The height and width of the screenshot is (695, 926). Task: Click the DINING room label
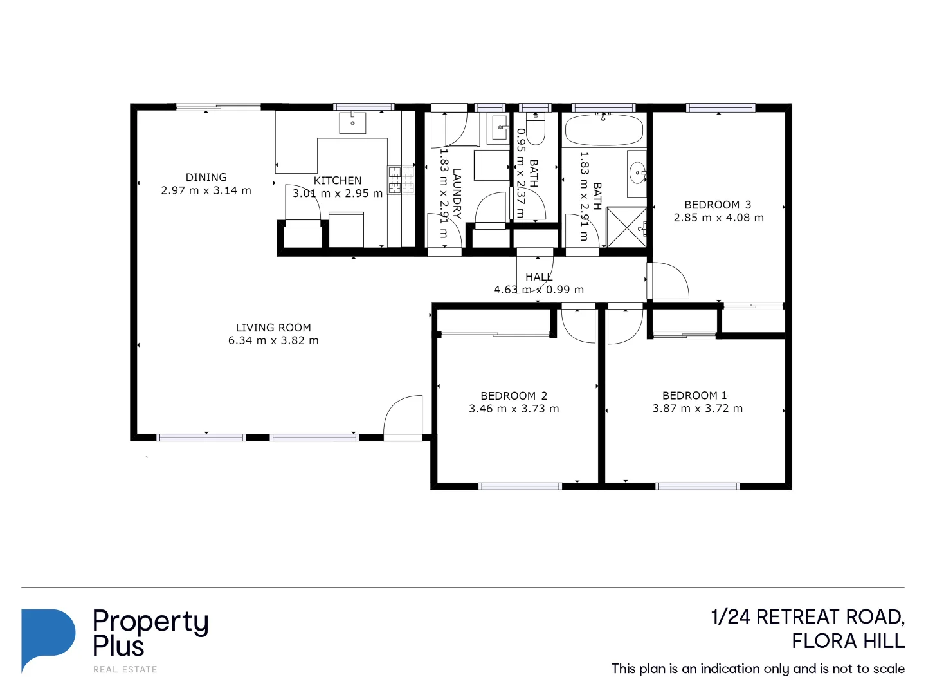pyautogui.click(x=206, y=178)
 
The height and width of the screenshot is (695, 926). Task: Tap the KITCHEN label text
pyautogui.click(x=338, y=181)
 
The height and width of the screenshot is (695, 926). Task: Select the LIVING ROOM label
pyautogui.click(x=273, y=328)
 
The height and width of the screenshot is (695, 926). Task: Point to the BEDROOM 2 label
pyautogui.click(x=514, y=396)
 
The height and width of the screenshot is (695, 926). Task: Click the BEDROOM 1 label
pyautogui.click(x=694, y=395)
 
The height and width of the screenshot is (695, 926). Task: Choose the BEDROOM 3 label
pyautogui.click(x=718, y=205)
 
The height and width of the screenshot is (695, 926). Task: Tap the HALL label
pyautogui.click(x=539, y=277)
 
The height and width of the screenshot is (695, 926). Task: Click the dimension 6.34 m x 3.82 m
pyautogui.click(x=273, y=340)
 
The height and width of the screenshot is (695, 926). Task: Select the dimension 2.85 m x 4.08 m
pyautogui.click(x=718, y=218)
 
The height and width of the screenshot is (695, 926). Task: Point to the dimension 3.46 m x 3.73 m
pyautogui.click(x=514, y=409)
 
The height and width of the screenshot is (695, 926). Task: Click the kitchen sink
pyautogui.click(x=352, y=122)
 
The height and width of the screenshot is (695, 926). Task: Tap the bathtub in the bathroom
pyautogui.click(x=603, y=131)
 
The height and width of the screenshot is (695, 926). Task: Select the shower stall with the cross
pyautogui.click(x=626, y=227)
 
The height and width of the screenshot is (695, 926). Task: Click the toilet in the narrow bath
pyautogui.click(x=535, y=130)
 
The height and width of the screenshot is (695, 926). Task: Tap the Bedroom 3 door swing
pyautogui.click(x=669, y=281)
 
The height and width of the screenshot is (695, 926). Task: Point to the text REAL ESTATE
pyautogui.click(x=125, y=669)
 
